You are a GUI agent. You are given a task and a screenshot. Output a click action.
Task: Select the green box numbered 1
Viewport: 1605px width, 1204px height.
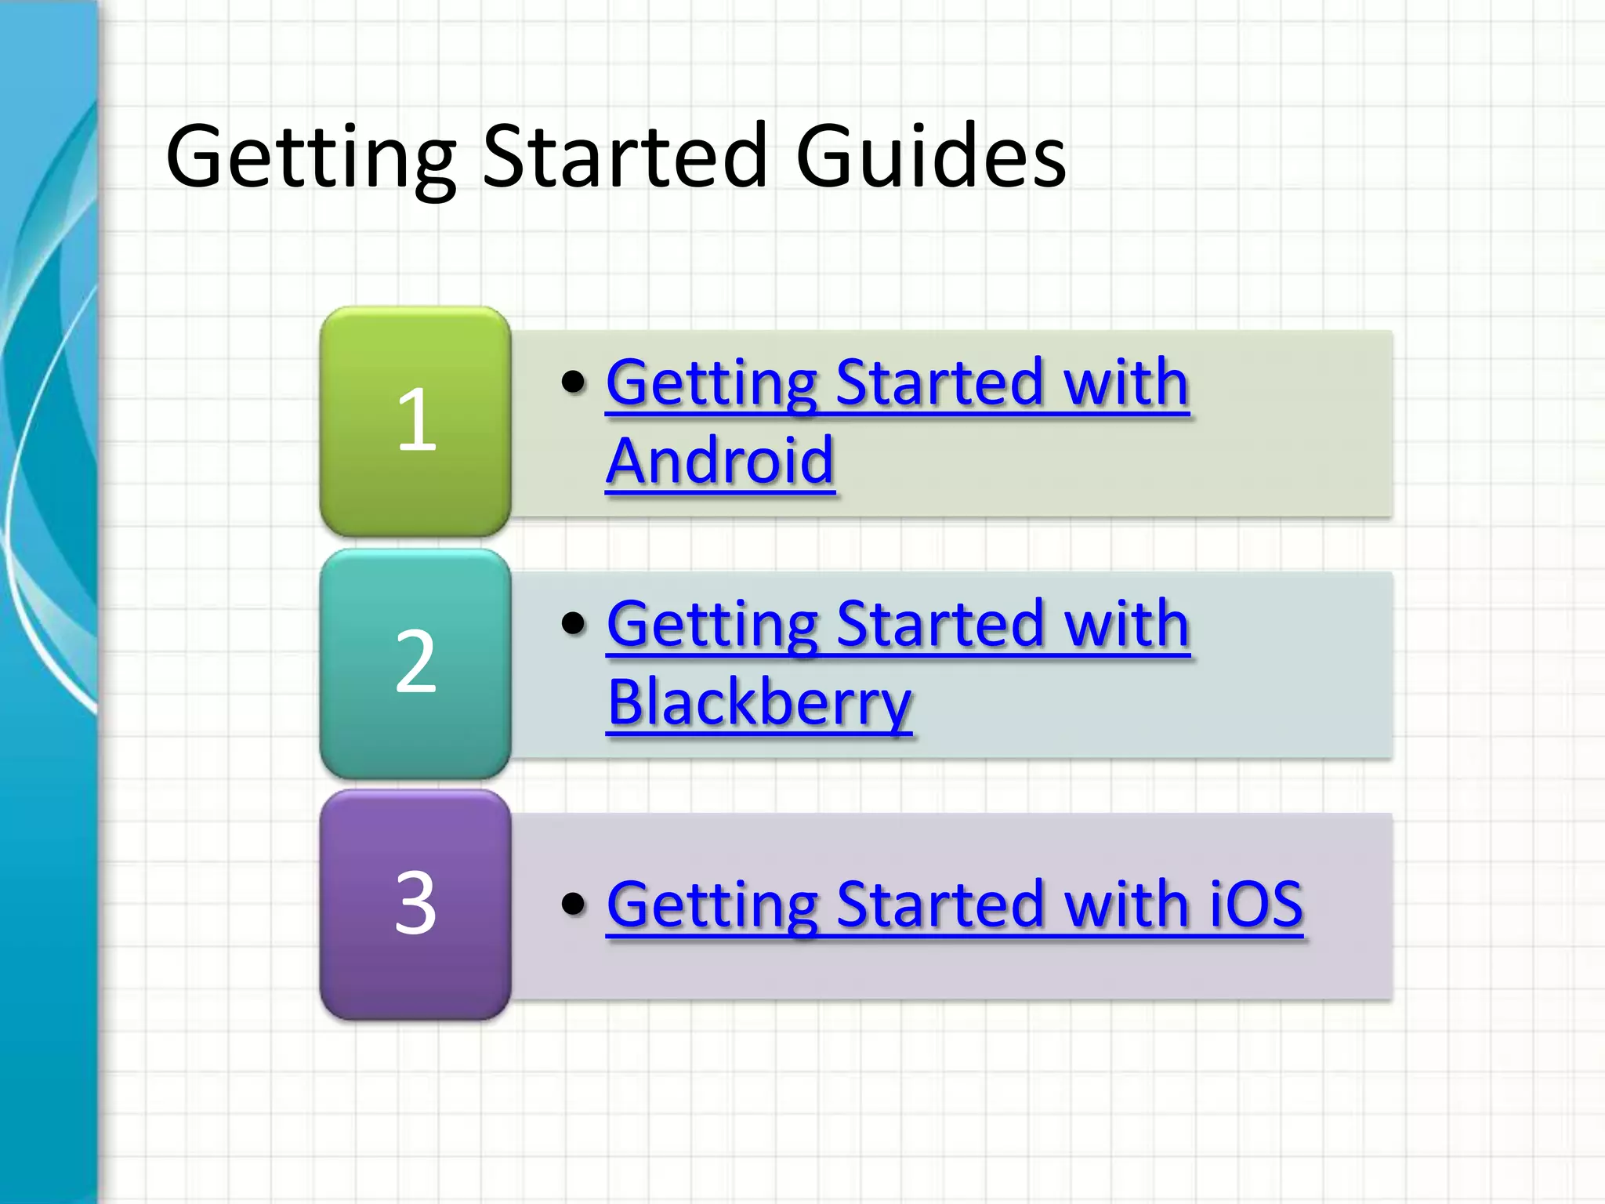[415, 421]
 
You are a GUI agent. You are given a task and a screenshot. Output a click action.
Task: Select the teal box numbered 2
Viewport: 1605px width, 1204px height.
[415, 663]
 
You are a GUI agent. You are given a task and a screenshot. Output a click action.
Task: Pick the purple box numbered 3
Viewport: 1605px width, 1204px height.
[415, 904]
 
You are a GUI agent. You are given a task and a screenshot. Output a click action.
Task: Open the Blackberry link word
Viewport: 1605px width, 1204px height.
[759, 703]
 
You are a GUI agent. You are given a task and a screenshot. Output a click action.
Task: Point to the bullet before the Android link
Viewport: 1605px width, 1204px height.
[574, 382]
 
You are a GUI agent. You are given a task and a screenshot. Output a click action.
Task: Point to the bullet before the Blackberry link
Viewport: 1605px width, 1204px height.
[574, 623]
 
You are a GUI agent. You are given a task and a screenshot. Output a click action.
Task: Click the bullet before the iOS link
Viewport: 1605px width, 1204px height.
[574, 903]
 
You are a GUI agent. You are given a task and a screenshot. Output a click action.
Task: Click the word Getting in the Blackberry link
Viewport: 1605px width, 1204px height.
[713, 625]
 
